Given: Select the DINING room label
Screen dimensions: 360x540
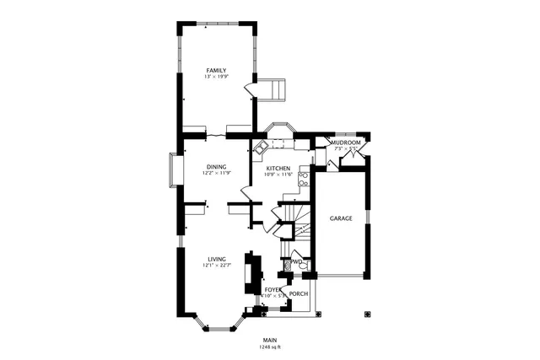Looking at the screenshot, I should pyautogui.click(x=216, y=167).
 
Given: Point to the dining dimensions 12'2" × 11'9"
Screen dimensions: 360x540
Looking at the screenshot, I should pyautogui.click(x=216, y=174).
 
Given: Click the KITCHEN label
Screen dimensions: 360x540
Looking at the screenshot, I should pyautogui.click(x=278, y=169).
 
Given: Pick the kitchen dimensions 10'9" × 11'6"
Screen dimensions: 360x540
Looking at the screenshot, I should pyautogui.click(x=278, y=175).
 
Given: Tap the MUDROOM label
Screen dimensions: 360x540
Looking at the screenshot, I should pyautogui.click(x=346, y=143).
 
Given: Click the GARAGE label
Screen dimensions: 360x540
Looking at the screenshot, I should pyautogui.click(x=341, y=218).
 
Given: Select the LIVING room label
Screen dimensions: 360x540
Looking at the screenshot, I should pyautogui.click(x=216, y=259).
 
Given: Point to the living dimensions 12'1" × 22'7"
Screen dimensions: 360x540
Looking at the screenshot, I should pyautogui.click(x=216, y=266).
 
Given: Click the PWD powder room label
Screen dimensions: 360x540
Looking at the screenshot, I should pyautogui.click(x=296, y=262).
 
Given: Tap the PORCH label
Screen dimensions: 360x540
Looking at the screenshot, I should pyautogui.click(x=299, y=294).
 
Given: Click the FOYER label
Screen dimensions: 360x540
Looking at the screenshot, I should pyautogui.click(x=273, y=289).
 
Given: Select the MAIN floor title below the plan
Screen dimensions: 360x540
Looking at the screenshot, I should pyautogui.click(x=270, y=340).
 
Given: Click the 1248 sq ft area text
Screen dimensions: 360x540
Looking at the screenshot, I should pyautogui.click(x=270, y=347).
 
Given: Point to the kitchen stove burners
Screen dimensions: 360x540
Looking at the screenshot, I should pyautogui.click(x=303, y=179).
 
